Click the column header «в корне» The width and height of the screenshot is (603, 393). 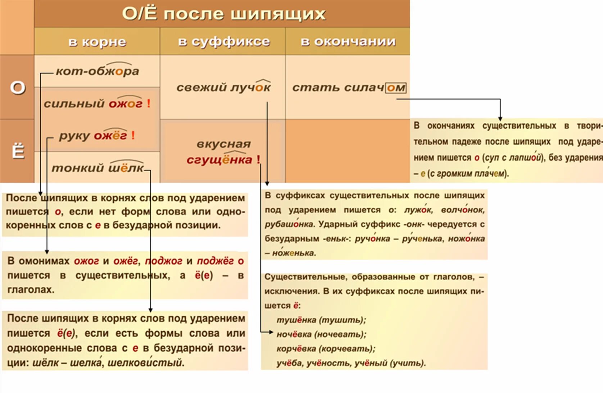(x=97, y=42)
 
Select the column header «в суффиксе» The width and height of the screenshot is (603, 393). (x=223, y=42)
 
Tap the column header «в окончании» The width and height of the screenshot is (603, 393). (x=348, y=42)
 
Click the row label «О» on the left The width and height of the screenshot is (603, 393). (x=18, y=87)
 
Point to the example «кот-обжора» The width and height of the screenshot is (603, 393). (x=97, y=71)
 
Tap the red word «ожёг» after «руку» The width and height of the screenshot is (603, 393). (x=110, y=136)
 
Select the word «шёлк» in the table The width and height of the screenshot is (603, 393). (x=126, y=168)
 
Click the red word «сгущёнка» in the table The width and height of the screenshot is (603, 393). (x=219, y=160)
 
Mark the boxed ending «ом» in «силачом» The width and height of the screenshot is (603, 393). (x=396, y=88)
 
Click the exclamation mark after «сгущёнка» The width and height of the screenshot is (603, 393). (x=258, y=160)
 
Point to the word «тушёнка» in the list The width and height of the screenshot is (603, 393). (x=296, y=320)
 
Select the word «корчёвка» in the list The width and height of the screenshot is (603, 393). (x=296, y=349)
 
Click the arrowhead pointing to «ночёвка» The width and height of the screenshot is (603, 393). (x=271, y=332)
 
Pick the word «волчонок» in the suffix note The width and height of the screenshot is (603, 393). (x=463, y=210)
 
